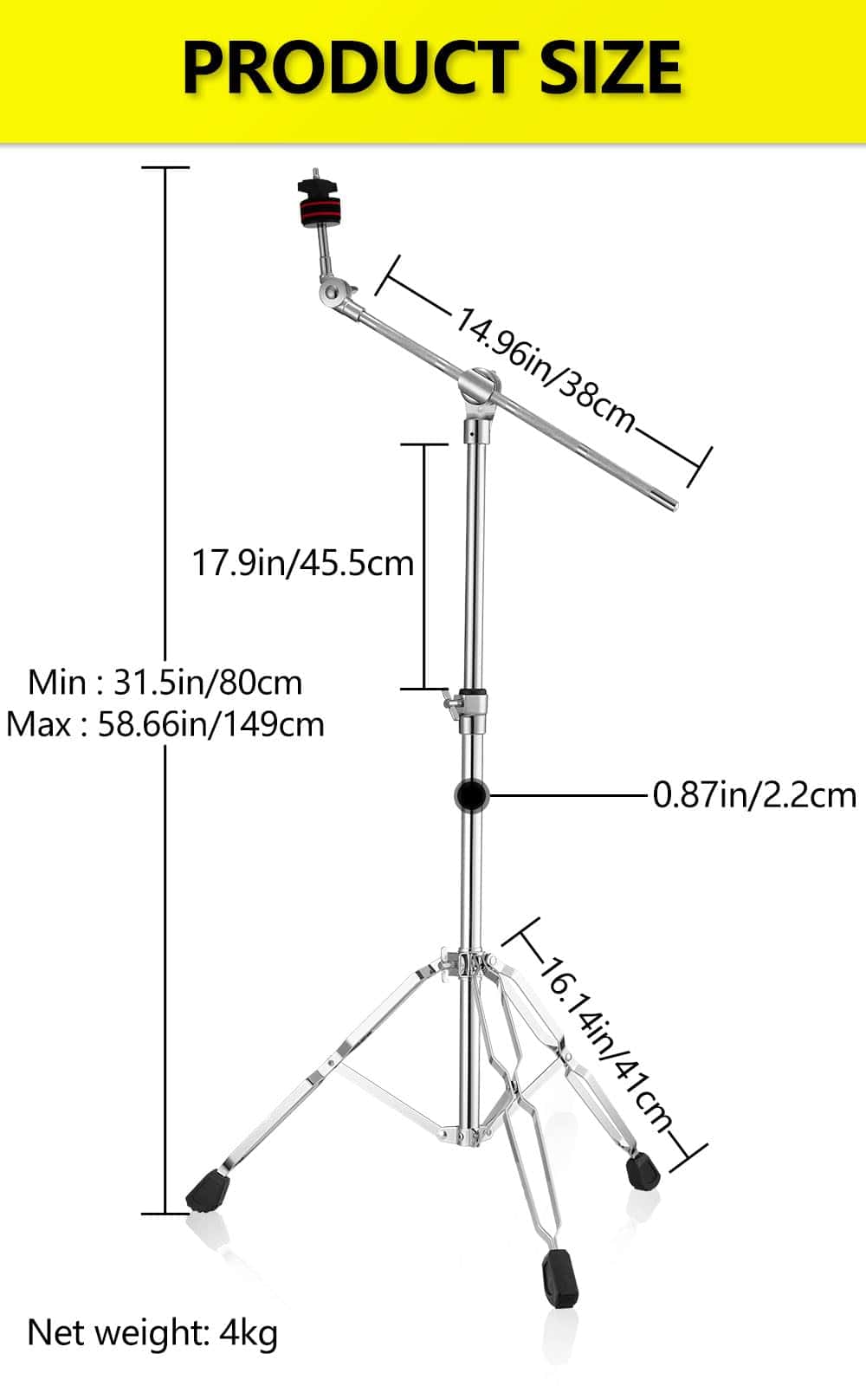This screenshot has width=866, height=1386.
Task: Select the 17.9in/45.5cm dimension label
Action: (x=302, y=563)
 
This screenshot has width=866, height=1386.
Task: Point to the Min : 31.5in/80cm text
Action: (x=165, y=683)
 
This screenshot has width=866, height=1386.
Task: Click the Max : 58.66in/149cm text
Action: (x=165, y=724)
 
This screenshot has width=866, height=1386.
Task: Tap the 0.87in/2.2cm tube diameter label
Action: (x=753, y=794)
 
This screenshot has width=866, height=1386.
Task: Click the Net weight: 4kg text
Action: (x=152, y=1332)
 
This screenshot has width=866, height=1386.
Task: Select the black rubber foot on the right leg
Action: (x=643, y=1171)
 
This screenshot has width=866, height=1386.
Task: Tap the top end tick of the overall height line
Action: (x=165, y=167)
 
